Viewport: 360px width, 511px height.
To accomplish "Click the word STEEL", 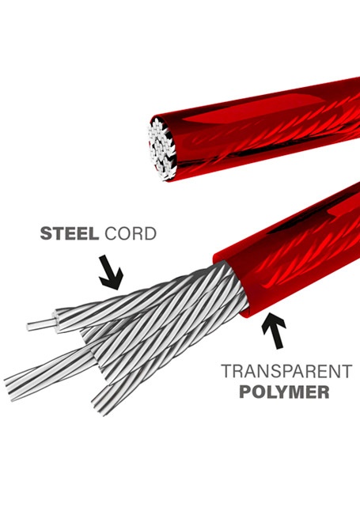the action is [x=69, y=233].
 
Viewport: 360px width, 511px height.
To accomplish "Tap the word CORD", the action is [x=131, y=233].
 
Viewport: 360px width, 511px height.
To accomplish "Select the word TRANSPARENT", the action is [x=286, y=371].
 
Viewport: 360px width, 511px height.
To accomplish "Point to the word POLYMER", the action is [x=284, y=392].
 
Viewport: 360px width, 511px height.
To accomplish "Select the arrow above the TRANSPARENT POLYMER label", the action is [x=275, y=330].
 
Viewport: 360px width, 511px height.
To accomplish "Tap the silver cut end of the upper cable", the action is [x=162, y=149].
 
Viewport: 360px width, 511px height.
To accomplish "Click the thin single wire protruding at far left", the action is [x=42, y=325].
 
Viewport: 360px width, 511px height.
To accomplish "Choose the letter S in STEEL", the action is [x=46, y=233].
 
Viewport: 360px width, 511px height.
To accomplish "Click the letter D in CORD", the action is [x=150, y=233].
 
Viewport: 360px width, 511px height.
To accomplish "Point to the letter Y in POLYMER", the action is [x=280, y=392].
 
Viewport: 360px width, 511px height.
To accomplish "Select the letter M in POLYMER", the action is [x=296, y=392].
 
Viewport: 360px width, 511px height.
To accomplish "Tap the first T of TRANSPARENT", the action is [x=226, y=371].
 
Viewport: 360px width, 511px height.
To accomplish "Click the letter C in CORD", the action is [x=111, y=233].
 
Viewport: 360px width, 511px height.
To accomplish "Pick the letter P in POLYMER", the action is [x=245, y=392].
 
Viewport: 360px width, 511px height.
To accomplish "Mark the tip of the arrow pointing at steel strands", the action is [x=115, y=289].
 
